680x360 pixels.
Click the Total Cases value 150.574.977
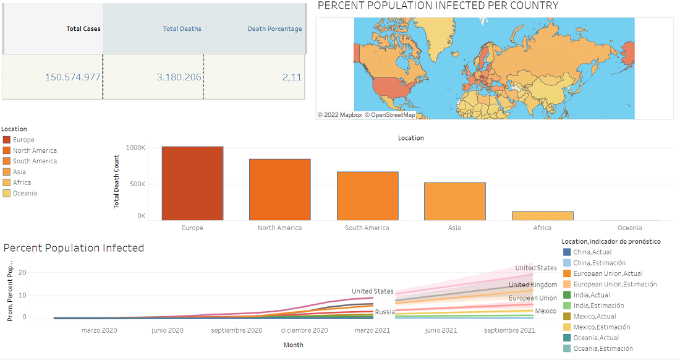tap(72, 77)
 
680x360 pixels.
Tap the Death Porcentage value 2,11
tap(292, 77)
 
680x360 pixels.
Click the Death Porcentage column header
tap(274, 29)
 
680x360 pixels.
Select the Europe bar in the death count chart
tap(192, 184)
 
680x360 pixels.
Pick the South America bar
tap(367, 196)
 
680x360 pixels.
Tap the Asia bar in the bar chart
tap(454, 202)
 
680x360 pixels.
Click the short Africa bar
tap(542, 216)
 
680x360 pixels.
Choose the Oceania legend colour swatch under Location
tap(7, 194)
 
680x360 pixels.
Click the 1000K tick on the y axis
tap(135, 148)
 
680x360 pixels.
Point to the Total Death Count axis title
tap(116, 181)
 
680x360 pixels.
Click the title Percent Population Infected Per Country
tap(438, 6)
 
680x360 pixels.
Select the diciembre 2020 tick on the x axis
tap(304, 330)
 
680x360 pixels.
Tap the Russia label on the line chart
tap(385, 312)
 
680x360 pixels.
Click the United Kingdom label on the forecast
tap(532, 285)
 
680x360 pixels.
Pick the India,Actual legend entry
tap(591, 295)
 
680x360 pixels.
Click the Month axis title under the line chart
tap(293, 345)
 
